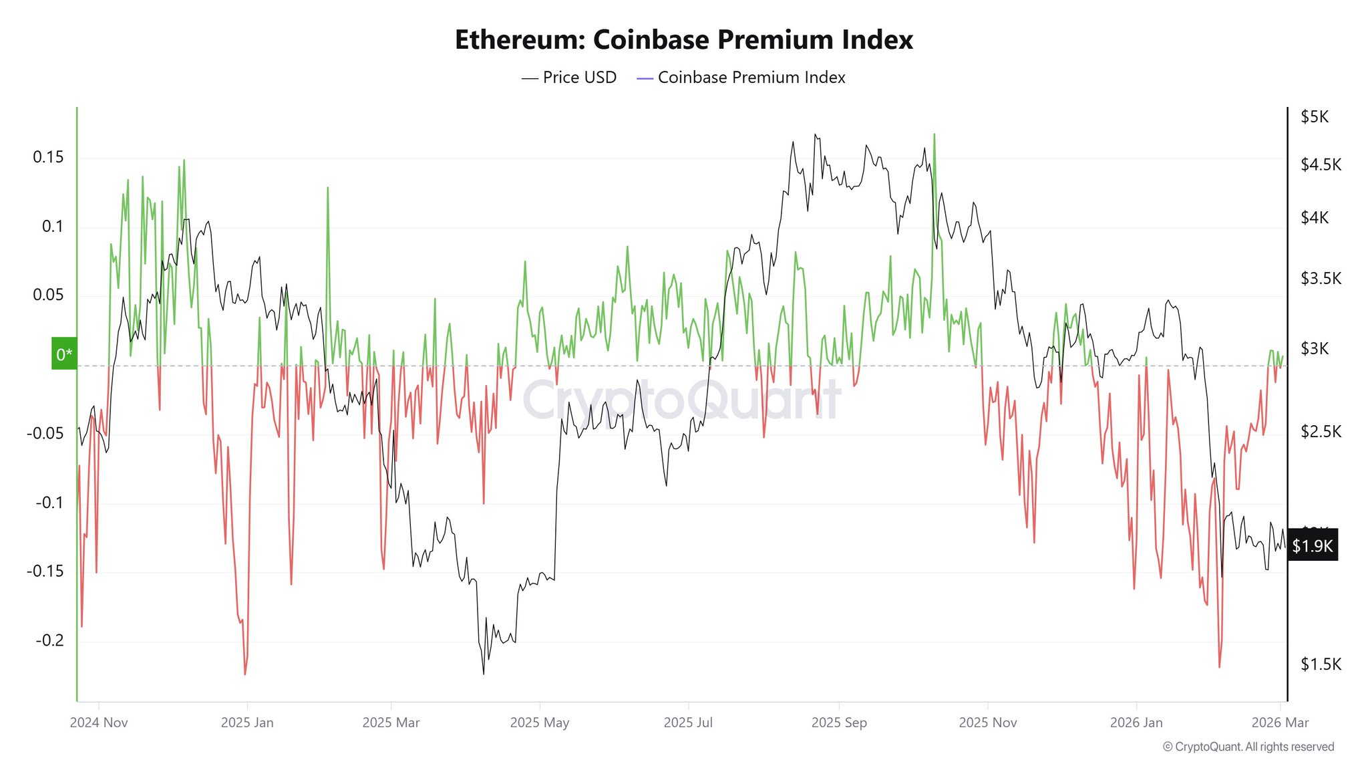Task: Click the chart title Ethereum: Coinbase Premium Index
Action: (x=683, y=40)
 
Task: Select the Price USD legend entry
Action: (x=569, y=78)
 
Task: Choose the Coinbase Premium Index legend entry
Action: (x=741, y=78)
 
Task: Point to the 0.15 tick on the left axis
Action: (x=48, y=157)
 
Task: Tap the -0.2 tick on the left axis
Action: (x=49, y=640)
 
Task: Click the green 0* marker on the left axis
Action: (x=64, y=354)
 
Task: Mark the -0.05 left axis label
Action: (x=45, y=433)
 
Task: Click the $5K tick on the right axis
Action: (x=1314, y=117)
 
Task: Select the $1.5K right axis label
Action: (x=1320, y=664)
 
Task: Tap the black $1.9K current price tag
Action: (x=1312, y=546)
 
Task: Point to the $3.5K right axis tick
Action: (x=1320, y=278)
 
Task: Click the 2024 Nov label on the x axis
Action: (x=99, y=723)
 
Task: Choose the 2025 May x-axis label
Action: (x=539, y=723)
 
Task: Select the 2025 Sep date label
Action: (x=838, y=723)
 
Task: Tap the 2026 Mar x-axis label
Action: (x=1280, y=723)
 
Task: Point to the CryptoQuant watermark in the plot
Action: (x=681, y=400)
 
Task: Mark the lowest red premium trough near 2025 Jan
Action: (x=245, y=674)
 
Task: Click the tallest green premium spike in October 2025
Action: (x=934, y=134)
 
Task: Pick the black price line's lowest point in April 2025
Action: (x=483, y=673)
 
